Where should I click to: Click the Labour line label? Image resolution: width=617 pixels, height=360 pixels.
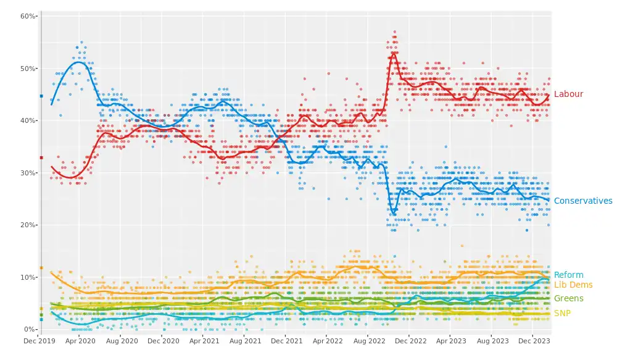pos(568,94)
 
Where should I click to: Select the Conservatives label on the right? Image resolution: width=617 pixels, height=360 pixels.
pos(582,201)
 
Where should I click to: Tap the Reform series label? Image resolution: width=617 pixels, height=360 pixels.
pos(568,275)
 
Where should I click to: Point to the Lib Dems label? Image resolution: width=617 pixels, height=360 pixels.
pos(573,285)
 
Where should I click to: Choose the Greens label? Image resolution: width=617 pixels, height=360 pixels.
pos(568,299)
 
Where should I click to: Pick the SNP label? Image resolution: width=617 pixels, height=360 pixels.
pos(562,314)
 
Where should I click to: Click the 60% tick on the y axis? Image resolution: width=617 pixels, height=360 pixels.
pos(29,16)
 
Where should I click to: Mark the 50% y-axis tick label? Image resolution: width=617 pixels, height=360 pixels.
pos(29,68)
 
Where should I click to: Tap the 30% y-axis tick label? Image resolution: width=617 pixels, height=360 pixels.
pos(29,173)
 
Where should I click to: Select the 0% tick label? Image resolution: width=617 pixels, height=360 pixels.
pos(31,330)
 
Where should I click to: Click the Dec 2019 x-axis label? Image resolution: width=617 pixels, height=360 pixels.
pos(39,340)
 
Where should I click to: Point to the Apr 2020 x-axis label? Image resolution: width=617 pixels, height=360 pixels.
pos(80,340)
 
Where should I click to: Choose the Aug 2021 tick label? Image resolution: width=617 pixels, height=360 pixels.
pos(245,340)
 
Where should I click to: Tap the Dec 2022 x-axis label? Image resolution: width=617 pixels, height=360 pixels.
pos(410,340)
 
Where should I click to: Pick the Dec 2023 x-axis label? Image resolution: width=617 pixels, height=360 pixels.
pos(533,340)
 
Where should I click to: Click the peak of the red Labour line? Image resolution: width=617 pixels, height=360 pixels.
pos(394,52)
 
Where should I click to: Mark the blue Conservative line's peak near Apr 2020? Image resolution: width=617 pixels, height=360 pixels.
pos(78,62)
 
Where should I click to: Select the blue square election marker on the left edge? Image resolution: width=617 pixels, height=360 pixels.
pos(41,96)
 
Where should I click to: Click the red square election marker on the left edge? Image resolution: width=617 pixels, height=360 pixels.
pos(41,157)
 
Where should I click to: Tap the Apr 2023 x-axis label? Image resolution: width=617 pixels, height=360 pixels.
pos(450,340)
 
